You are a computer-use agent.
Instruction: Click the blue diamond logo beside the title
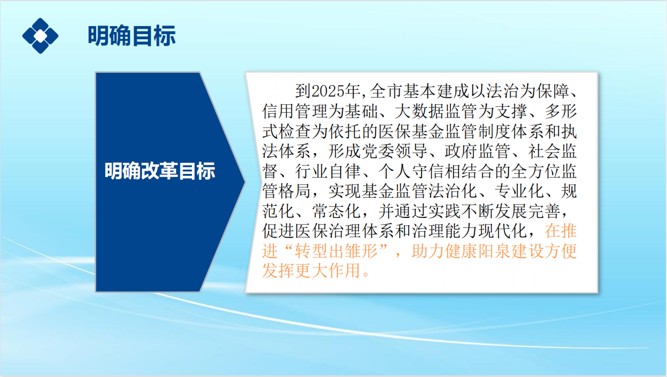click(x=40, y=36)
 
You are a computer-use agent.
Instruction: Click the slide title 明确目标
click(x=132, y=36)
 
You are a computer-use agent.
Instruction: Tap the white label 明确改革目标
click(x=159, y=171)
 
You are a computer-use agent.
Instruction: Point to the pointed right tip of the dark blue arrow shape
click(x=245, y=182)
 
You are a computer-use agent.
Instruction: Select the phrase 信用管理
click(x=295, y=111)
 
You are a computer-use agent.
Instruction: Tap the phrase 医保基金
click(x=411, y=131)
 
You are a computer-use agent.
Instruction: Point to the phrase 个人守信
click(x=411, y=171)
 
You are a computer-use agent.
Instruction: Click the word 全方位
click(x=535, y=171)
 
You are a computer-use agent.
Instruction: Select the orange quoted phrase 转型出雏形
click(x=336, y=251)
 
